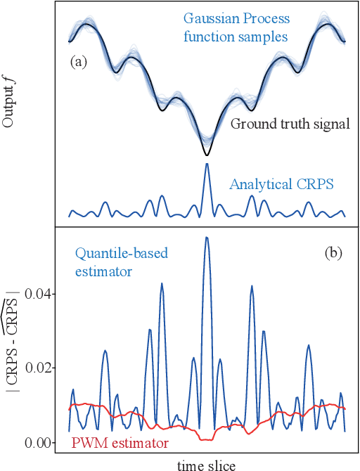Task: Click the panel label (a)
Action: [x=78, y=62]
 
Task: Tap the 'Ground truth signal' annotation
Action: [x=290, y=124]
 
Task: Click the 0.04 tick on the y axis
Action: [x=41, y=293]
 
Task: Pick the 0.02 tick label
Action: [x=41, y=368]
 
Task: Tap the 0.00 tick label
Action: [x=41, y=442]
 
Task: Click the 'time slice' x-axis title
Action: [x=206, y=464]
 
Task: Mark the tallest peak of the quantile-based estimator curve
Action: [x=206, y=238]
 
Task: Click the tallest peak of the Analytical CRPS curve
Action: [x=206, y=164]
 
